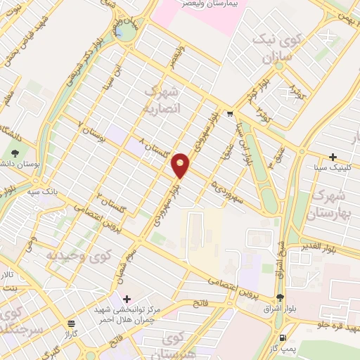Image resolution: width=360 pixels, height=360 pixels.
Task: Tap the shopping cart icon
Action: coord(230,113)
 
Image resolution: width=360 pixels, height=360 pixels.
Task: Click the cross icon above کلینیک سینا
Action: coord(333,157)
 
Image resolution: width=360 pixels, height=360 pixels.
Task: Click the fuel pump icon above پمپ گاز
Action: coord(283,318)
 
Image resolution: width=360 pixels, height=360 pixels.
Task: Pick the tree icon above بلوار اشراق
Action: coord(280,297)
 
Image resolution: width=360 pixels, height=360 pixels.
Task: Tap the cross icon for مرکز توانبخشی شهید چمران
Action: coord(127,299)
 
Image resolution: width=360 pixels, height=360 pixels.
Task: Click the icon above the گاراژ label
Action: coord(71,323)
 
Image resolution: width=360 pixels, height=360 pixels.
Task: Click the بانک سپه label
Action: coord(41,191)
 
